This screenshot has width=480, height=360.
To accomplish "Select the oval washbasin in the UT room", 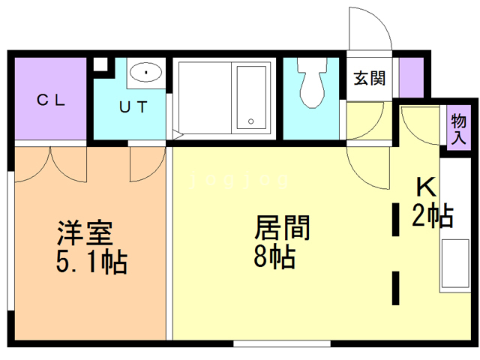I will (145, 73).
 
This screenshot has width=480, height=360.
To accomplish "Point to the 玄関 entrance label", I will (370, 78).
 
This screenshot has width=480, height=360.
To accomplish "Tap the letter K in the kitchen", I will (426, 187).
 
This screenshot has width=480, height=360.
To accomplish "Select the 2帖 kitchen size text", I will (433, 217).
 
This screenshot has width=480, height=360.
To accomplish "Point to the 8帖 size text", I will (274, 257).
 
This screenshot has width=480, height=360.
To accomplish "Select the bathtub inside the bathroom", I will (252, 97).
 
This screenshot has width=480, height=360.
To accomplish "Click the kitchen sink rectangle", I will (453, 266).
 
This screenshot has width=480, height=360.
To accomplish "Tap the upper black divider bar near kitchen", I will (395, 217).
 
